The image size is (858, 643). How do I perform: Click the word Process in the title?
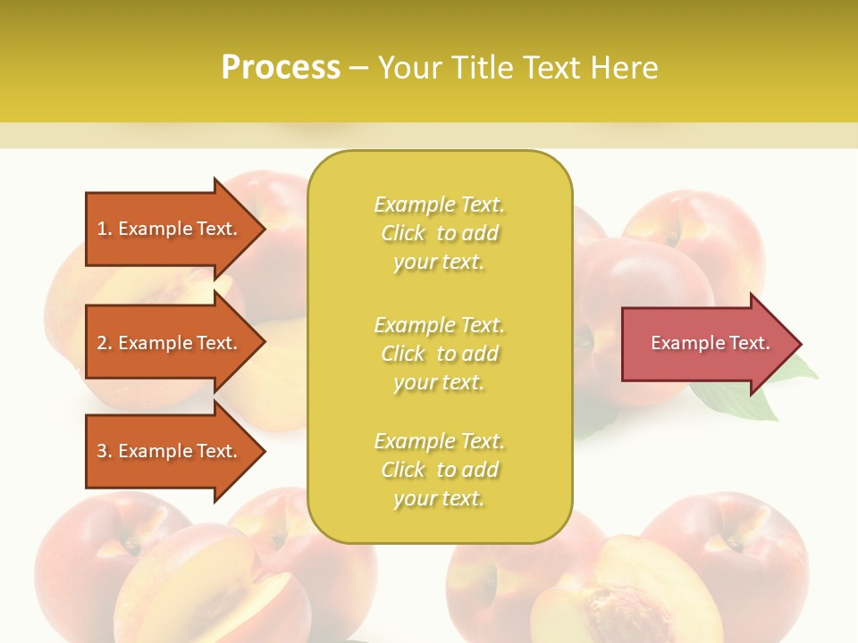tap(281, 68)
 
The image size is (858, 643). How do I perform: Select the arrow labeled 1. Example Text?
tap(170, 229)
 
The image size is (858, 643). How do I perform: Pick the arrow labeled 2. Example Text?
tap(170, 343)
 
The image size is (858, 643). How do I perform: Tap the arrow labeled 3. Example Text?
tap(170, 451)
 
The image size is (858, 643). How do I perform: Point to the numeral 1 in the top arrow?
tap(102, 229)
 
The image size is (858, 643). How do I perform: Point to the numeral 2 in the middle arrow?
tap(102, 343)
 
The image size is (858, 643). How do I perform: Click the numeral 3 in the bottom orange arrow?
tap(102, 451)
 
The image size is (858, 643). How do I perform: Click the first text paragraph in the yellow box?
tap(439, 233)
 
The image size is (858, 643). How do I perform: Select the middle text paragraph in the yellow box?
tap(439, 354)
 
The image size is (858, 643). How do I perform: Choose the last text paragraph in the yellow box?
tap(439, 470)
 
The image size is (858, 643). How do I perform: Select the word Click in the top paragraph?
tap(403, 233)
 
